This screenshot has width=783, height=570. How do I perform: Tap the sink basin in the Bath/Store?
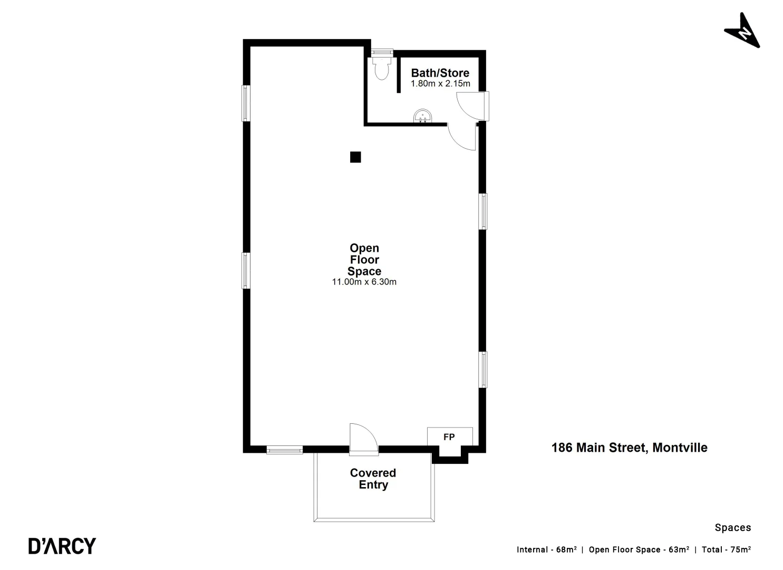[x=422, y=116]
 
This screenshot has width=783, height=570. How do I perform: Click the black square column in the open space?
[x=355, y=157]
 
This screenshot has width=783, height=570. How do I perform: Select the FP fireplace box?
[x=449, y=437]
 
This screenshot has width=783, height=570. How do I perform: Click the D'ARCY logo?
[x=62, y=546]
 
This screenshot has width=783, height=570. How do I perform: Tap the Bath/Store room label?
[x=440, y=73]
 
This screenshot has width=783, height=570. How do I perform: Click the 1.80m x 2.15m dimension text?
[x=440, y=84]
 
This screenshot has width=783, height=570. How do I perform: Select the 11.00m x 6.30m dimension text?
[x=364, y=282]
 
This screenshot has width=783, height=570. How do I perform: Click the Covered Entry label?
[x=373, y=479]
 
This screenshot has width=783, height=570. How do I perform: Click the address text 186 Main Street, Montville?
[x=629, y=448]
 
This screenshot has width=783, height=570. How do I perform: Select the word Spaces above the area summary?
[x=732, y=527]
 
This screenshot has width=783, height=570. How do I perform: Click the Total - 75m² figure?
[x=726, y=549]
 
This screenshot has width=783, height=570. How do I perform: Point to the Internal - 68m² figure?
[x=546, y=549]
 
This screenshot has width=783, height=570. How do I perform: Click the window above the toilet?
[x=381, y=52]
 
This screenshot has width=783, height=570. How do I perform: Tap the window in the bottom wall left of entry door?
[x=284, y=450]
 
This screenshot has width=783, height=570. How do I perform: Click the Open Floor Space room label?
[x=364, y=260]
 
